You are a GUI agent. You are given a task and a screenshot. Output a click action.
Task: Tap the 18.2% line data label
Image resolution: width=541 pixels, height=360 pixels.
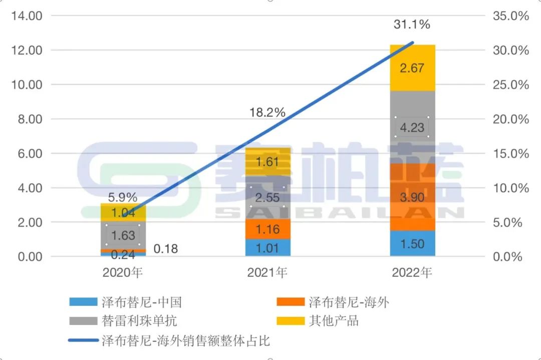click(267, 112)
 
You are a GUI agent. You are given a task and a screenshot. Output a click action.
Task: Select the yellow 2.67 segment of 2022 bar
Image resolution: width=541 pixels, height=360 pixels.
click(412, 68)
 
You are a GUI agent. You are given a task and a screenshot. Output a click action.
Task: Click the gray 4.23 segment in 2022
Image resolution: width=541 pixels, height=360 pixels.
click(412, 127)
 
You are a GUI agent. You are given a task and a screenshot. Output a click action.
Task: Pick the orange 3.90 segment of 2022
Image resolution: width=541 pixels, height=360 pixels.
click(412, 197)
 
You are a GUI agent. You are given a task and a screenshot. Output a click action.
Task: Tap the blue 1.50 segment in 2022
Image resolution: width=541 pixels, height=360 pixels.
click(412, 244)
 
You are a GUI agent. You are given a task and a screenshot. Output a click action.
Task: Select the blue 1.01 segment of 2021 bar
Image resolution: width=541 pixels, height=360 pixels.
click(267, 247)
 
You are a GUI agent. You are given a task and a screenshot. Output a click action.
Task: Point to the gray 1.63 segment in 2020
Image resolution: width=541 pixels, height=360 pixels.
click(123, 235)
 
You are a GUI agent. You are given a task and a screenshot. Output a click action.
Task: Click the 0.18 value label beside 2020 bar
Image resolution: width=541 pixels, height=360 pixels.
click(166, 249)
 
